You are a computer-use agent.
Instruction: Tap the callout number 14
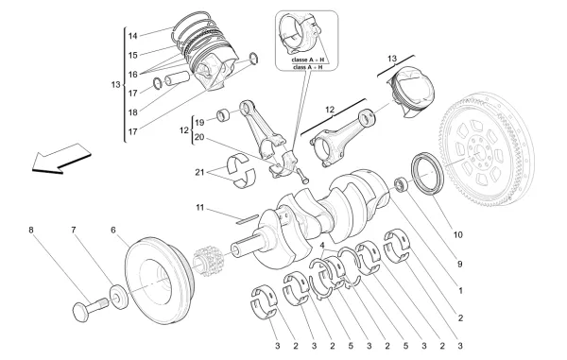click(x=132, y=36)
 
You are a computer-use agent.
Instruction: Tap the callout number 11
click(x=200, y=207)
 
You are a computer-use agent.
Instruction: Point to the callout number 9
click(x=460, y=266)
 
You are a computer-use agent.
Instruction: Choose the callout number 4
click(x=322, y=247)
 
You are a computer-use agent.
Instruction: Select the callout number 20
click(x=199, y=138)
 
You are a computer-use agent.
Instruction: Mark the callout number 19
click(x=199, y=123)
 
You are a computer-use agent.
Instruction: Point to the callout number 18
click(x=132, y=112)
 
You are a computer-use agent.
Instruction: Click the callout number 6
click(x=112, y=229)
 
